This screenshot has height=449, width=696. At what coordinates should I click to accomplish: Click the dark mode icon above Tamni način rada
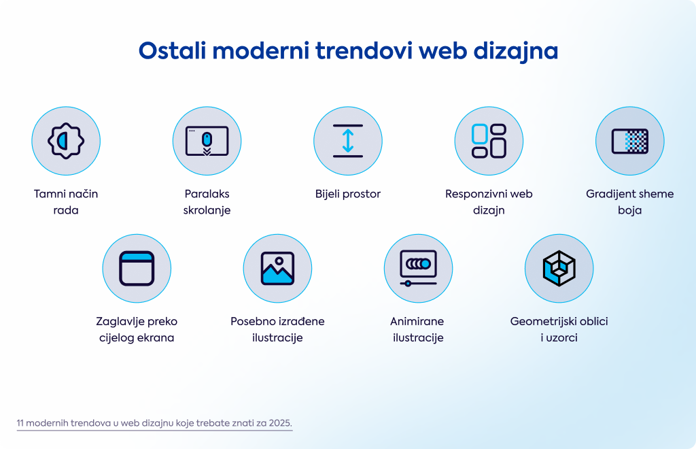(66, 141)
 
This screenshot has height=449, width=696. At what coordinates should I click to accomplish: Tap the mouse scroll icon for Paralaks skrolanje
(207, 142)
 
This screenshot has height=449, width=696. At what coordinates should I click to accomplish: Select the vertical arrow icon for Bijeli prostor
(348, 141)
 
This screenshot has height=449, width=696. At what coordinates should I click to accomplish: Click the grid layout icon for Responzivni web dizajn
(489, 141)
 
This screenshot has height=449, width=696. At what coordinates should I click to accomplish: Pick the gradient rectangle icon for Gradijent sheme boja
(630, 142)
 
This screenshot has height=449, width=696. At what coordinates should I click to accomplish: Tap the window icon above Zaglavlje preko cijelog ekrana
(136, 268)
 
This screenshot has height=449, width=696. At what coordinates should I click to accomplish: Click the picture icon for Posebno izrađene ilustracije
(277, 268)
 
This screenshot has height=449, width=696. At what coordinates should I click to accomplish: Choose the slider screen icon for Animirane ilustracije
(418, 268)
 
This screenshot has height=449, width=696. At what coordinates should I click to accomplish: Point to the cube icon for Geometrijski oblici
(559, 268)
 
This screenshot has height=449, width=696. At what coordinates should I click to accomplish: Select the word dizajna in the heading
(516, 52)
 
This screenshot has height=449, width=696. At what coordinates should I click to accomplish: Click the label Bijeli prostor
(348, 194)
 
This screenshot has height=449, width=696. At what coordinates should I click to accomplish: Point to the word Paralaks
(207, 194)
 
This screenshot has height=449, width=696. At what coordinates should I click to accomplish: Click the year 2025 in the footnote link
(280, 422)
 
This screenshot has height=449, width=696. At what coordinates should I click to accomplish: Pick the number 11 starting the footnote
(20, 422)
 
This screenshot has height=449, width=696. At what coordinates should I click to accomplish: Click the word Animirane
(417, 322)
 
